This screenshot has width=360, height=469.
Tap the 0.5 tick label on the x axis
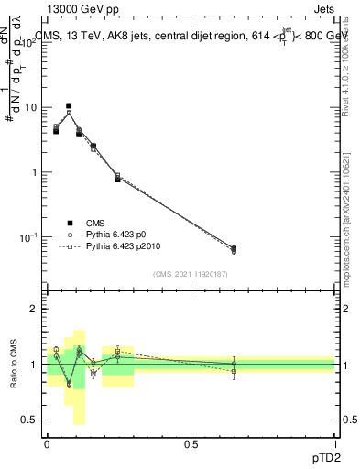191,442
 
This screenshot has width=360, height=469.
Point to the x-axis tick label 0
47,442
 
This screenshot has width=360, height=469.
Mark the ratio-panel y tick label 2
35,309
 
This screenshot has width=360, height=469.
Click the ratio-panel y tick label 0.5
30,420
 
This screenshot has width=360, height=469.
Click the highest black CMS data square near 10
68,106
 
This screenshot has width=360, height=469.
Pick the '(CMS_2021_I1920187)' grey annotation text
191,275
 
